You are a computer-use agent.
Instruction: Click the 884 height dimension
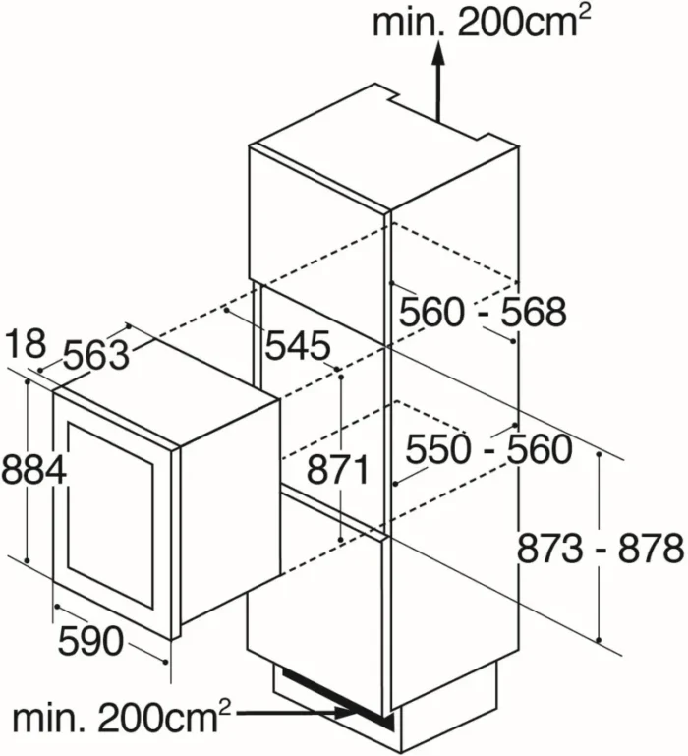(x=33, y=470)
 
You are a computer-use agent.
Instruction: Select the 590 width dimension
(x=90, y=641)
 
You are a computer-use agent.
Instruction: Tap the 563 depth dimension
(x=97, y=354)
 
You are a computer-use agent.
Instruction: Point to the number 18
(x=27, y=343)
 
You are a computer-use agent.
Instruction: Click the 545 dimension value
(x=299, y=345)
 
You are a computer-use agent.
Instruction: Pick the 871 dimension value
(x=338, y=470)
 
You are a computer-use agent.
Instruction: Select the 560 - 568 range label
(x=483, y=312)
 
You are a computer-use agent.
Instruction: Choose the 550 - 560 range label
(x=488, y=449)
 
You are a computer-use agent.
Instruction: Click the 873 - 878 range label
(x=601, y=549)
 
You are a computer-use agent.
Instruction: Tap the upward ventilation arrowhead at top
(x=437, y=52)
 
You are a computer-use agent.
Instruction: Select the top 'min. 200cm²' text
(x=482, y=22)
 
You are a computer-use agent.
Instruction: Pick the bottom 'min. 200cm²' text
(x=122, y=717)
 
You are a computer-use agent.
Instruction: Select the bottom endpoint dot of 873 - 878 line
(x=599, y=640)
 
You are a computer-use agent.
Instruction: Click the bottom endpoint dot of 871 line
(x=341, y=540)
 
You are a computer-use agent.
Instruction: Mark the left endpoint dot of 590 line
(x=57, y=606)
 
